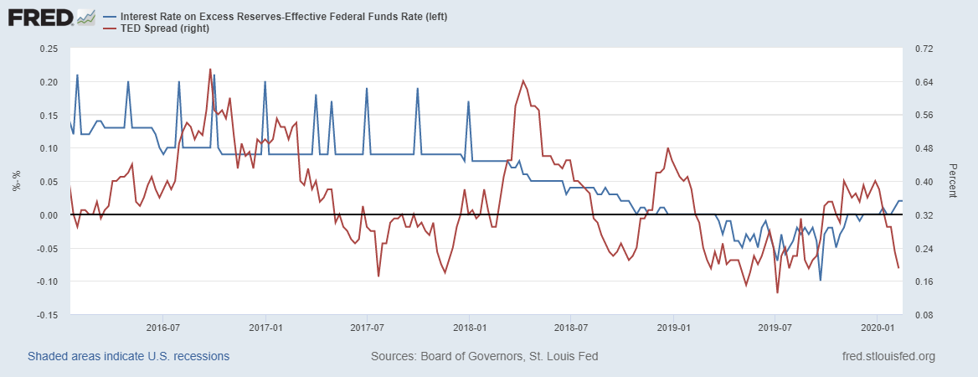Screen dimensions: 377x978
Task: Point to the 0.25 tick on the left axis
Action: point(48,49)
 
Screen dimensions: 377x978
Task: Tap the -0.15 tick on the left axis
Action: point(46,315)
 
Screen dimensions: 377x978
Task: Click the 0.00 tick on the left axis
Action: point(48,215)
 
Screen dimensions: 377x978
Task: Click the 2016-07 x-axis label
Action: point(163,326)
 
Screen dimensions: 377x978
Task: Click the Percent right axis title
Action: point(952,181)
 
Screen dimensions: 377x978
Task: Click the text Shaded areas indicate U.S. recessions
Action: point(128,356)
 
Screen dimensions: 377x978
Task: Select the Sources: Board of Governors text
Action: point(484,356)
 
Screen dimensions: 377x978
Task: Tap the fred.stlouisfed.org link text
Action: point(888,356)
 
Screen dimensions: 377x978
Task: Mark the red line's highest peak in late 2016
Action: point(210,69)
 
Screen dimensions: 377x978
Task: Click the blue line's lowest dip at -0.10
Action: point(821,281)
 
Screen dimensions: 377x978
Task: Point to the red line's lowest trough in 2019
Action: point(777,292)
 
